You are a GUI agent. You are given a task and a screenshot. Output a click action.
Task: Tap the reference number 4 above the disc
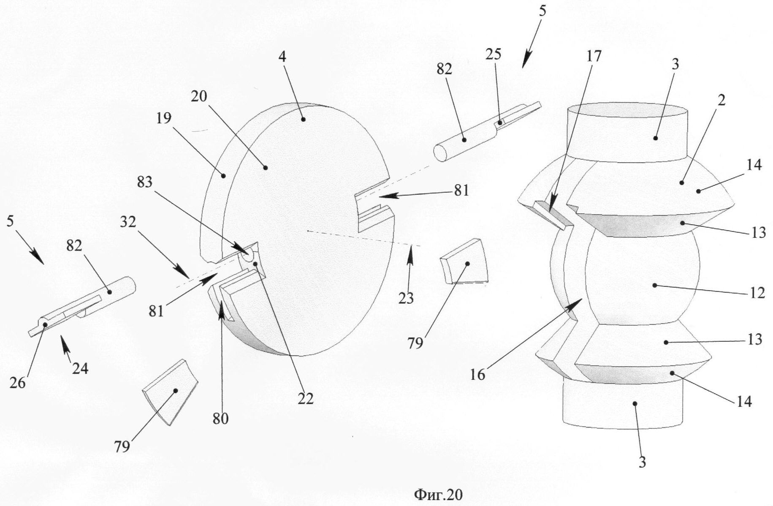[282, 57]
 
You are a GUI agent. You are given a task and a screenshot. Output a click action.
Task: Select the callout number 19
[163, 118]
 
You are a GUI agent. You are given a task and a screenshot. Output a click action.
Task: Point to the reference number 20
[199, 97]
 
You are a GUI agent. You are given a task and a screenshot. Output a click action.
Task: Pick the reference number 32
[128, 222]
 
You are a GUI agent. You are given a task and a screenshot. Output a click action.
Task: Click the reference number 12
[757, 292]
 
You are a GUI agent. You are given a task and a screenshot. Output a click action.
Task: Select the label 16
[478, 374]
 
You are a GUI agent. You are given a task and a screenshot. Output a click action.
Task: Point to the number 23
[406, 299]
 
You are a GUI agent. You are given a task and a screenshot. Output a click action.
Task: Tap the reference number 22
[306, 399]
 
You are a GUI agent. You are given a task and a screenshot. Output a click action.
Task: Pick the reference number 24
[80, 369]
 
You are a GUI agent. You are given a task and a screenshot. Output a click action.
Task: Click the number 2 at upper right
[721, 101]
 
